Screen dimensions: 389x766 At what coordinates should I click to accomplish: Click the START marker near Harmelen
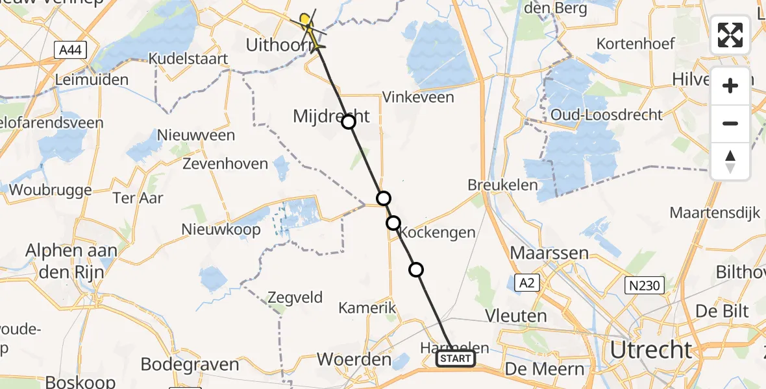(456, 359)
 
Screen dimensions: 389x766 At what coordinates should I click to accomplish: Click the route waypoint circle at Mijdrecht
(349, 122)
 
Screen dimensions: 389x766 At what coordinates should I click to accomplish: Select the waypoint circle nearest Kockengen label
(393, 223)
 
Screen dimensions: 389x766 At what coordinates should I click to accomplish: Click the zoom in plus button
(730, 86)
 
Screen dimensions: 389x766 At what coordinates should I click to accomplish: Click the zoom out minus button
(730, 123)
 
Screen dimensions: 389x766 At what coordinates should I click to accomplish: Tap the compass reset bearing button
(730, 161)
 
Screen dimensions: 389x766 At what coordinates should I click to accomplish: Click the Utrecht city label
(650, 351)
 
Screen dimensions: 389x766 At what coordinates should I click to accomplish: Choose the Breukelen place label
(502, 185)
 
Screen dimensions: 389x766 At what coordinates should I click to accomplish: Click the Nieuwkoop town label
(221, 230)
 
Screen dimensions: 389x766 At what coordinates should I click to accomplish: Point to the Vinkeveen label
(418, 98)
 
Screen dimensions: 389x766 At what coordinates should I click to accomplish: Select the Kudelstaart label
(188, 59)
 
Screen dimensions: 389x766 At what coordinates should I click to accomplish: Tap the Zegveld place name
(295, 298)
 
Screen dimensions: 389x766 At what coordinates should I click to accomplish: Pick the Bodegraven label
(190, 364)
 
